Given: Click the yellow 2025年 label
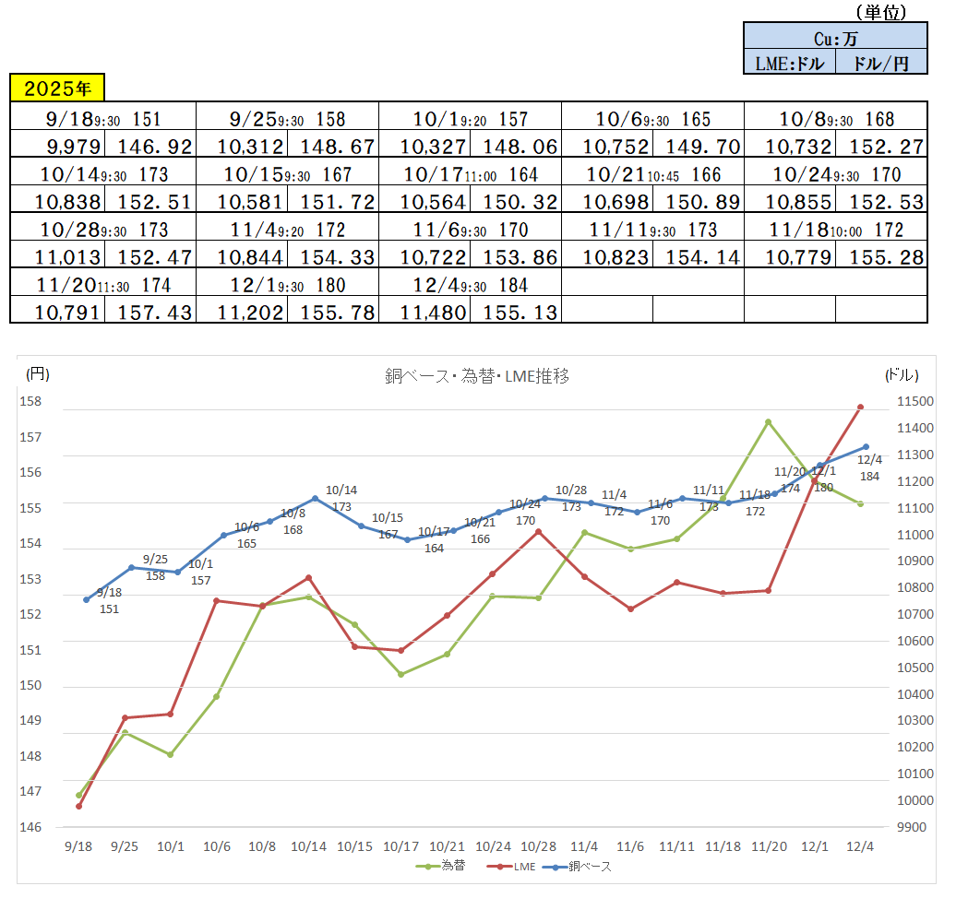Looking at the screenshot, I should tap(57, 89).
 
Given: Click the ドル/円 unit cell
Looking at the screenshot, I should tap(881, 63).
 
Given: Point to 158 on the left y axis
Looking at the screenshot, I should tap(31, 402).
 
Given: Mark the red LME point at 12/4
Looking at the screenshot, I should tap(860, 407).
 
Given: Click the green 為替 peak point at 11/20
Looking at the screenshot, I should tap(768, 421).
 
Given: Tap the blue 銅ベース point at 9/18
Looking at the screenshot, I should tap(87, 599).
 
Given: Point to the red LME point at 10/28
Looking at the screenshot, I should tap(539, 531).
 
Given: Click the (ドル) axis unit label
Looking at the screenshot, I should tap(901, 374).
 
